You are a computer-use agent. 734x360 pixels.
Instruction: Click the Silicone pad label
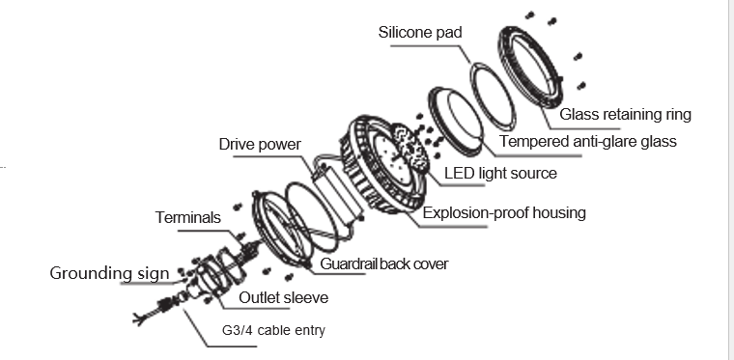coord(420,32)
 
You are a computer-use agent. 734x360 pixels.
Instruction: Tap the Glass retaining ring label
coord(626,114)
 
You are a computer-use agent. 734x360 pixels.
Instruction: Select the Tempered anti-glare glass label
coord(588,141)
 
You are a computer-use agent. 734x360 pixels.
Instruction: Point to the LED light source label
coord(500,173)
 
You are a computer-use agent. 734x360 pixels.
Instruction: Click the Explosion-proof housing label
coord(504,212)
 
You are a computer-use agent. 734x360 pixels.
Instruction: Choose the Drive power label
coord(260,144)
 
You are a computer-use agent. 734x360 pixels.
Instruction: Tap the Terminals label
coord(187,217)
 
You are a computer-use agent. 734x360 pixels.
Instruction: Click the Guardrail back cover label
coord(383,263)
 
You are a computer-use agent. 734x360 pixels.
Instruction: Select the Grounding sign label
coord(109,273)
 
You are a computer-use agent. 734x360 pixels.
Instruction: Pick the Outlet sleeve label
coord(284,298)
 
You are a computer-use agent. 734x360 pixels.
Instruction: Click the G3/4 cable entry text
coord(273,330)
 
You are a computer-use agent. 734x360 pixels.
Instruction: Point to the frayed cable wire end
coord(139,319)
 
